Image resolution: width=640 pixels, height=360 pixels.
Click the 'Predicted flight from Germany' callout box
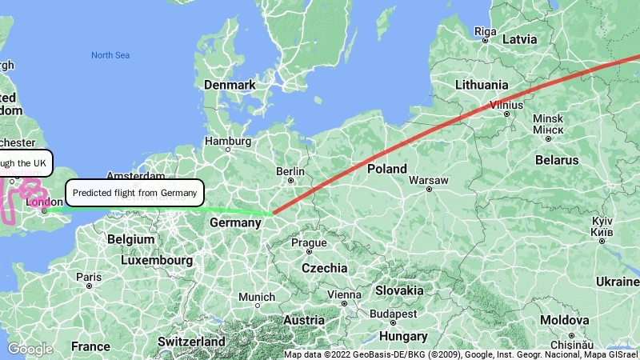(x=134, y=193)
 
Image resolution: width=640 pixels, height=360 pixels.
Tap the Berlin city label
(x=290, y=171)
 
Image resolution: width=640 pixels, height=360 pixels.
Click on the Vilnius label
(x=506, y=104)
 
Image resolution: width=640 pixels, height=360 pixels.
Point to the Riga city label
(x=486, y=31)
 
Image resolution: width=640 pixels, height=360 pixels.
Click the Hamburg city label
(x=227, y=141)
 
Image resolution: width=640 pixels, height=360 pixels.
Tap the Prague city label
(x=309, y=242)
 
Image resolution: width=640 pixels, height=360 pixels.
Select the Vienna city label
(x=344, y=294)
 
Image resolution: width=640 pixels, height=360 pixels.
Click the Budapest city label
(x=394, y=314)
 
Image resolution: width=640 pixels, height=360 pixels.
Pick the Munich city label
(x=256, y=297)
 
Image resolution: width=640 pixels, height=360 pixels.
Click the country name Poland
(x=387, y=169)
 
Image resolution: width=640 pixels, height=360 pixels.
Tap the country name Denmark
(x=230, y=85)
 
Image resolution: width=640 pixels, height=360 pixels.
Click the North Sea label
(x=110, y=55)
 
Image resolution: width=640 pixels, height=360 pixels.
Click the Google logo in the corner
(x=30, y=349)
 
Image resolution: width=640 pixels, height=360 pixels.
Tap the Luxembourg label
(x=157, y=261)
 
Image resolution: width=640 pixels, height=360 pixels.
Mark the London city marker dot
(x=45, y=211)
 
